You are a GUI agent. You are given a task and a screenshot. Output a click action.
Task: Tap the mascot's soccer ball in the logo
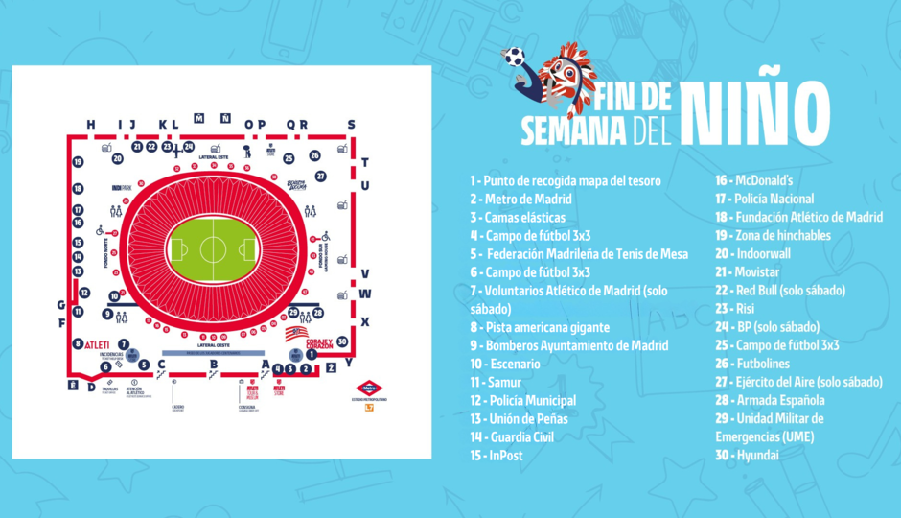(x=516, y=56)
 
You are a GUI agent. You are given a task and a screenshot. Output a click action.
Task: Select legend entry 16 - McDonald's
(x=763, y=179)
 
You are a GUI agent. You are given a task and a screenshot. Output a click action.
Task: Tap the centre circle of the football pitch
(x=212, y=251)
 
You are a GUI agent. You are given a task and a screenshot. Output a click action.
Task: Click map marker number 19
(x=78, y=162)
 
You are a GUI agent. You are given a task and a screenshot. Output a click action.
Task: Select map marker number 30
(x=342, y=329)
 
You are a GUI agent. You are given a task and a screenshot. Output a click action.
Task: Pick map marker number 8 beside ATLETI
(x=78, y=343)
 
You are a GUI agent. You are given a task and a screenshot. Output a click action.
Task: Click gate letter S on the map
(x=351, y=124)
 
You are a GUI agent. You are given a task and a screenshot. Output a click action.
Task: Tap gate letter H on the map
(x=91, y=124)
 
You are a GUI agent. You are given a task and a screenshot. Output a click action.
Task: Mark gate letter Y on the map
(x=349, y=364)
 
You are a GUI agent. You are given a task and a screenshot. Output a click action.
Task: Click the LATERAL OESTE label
(x=212, y=344)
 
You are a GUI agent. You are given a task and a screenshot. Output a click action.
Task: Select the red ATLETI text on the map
(x=101, y=343)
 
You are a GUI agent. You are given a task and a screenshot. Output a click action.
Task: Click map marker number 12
(x=83, y=293)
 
